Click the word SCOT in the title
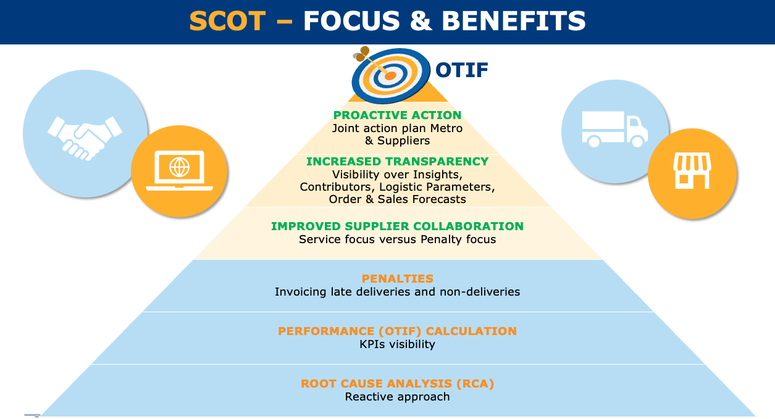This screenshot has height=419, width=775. [x=227, y=21]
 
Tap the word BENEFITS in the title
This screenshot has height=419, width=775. [x=514, y=21]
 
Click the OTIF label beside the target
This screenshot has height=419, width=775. [x=461, y=70]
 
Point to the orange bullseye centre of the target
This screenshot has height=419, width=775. [x=390, y=76]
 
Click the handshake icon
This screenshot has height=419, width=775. [x=85, y=138]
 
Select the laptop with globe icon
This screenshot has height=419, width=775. [x=179, y=170]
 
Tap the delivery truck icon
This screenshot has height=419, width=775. [x=615, y=129]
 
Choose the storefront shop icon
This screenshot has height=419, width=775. [x=692, y=170]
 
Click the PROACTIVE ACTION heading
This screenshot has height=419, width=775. [x=397, y=115]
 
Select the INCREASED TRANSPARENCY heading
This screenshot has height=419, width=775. [x=397, y=162]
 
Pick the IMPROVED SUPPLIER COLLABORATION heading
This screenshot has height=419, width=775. [x=397, y=226]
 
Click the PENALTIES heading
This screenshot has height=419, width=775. [x=397, y=279]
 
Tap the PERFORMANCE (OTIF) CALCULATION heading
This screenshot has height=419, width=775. [x=397, y=331]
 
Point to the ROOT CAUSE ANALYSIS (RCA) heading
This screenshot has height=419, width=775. [x=397, y=384]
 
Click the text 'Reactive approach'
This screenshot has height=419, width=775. [x=397, y=397]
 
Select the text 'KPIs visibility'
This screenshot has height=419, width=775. [x=397, y=344]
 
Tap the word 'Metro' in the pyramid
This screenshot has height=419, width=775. [x=446, y=128]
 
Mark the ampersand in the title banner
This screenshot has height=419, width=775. [x=421, y=21]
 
